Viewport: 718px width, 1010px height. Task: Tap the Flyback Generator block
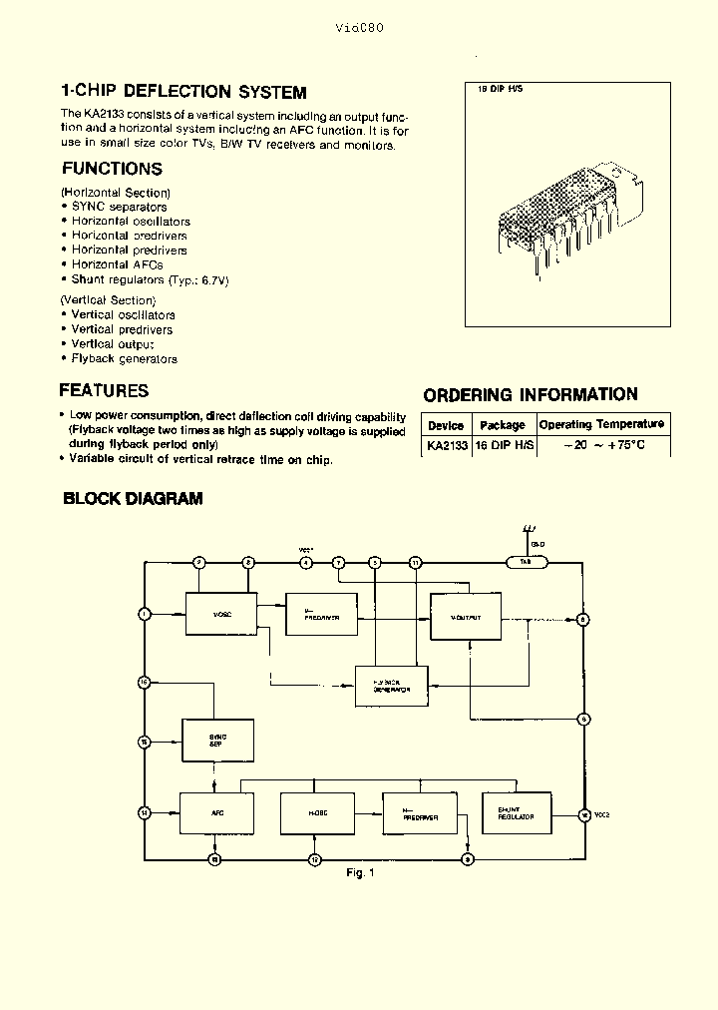pos(390,686)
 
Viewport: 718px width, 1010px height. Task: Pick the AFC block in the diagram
pos(215,813)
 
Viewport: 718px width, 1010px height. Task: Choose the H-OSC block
pos(317,813)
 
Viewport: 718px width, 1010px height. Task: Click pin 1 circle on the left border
pos(145,614)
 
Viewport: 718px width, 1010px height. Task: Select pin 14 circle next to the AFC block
pos(145,812)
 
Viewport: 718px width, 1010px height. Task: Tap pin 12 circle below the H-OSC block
pos(314,858)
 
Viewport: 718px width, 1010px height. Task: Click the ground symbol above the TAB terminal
pos(529,530)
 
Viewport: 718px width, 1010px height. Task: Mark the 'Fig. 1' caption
pos(359,873)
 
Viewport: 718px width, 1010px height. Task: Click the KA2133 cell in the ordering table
pos(446,445)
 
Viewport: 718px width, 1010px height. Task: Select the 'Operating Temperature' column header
pos(601,424)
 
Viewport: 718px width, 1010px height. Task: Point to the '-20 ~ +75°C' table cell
pos(601,445)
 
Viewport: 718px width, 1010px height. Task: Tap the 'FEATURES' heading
pos(104,390)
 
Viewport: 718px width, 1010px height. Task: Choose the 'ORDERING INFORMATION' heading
pos(531,394)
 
